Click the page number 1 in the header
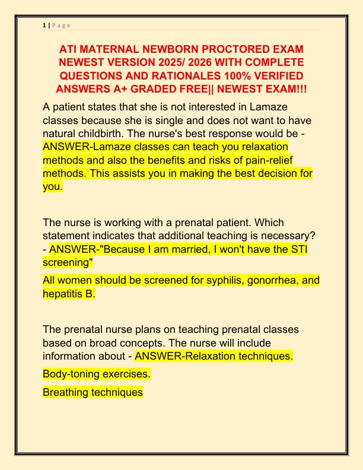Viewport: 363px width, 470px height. pos(44,25)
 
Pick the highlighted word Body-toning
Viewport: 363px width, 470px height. pos(70,374)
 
